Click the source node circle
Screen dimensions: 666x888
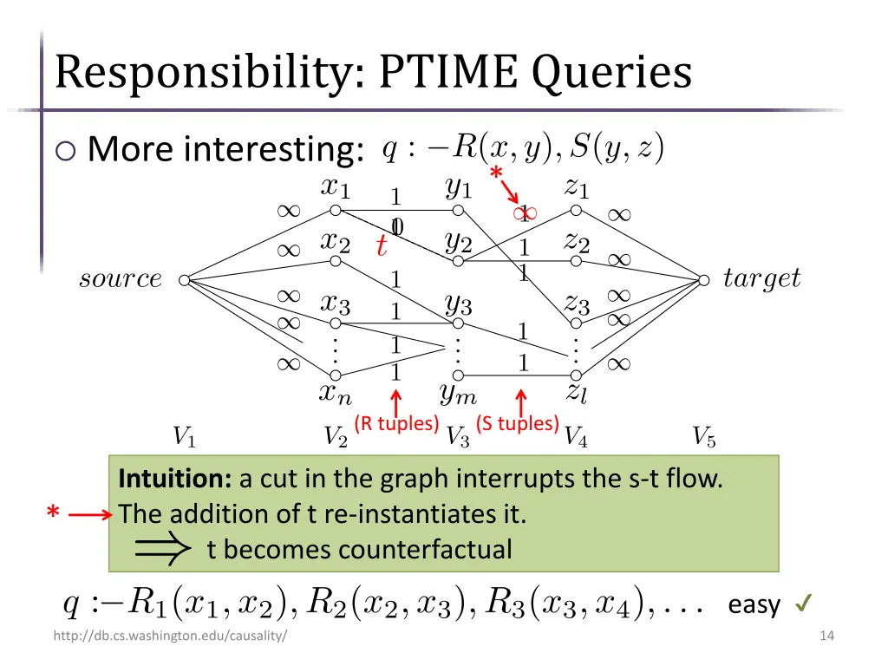point(184,280)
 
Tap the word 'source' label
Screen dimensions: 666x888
point(121,279)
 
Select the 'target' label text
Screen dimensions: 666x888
point(761,279)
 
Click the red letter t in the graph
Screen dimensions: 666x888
point(381,246)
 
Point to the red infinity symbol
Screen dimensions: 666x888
point(524,213)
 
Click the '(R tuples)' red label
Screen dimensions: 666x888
point(396,423)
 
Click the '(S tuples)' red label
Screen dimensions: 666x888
point(517,423)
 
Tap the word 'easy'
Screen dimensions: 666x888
point(754,604)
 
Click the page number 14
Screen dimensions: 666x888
point(826,637)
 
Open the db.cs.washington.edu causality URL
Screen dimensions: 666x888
point(170,637)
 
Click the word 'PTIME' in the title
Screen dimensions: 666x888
point(450,73)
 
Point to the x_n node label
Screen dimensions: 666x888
point(336,395)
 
